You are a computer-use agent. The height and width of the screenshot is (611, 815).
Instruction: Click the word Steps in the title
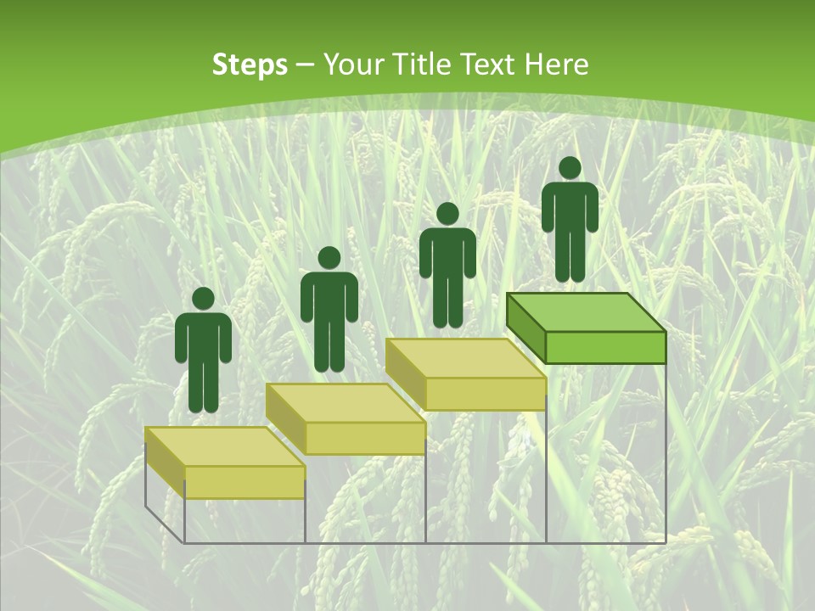pos(250,65)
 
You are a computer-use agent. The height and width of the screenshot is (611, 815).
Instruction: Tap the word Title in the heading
pos(425,64)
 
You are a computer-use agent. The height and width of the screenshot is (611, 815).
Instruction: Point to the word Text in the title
pos(489,64)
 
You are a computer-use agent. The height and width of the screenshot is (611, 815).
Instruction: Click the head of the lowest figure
pos(203,299)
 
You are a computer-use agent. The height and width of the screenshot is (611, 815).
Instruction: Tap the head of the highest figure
pos(570,168)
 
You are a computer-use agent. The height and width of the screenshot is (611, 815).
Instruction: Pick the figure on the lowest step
pos(203,356)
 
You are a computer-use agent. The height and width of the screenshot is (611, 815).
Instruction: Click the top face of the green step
pos(586,312)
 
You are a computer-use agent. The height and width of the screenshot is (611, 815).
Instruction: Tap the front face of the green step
pos(604,347)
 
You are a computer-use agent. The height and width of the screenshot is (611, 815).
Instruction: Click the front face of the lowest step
pos(244,482)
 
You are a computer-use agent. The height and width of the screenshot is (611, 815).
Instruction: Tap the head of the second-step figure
pos(329,258)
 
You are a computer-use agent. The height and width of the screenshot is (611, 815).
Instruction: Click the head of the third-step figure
pos(447,214)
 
